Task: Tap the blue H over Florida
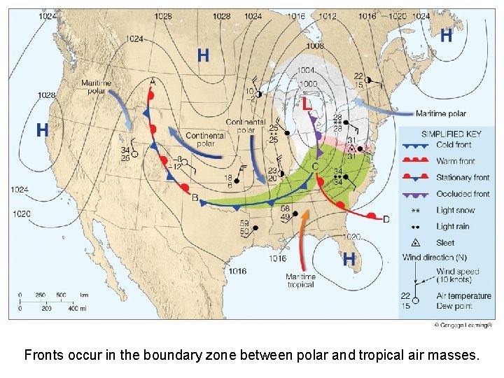click(348, 259)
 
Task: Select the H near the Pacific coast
click(42, 129)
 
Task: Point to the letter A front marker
click(153, 82)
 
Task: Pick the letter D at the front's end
click(386, 219)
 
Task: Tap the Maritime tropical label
click(301, 281)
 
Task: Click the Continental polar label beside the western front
click(205, 139)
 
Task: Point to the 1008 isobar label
click(315, 45)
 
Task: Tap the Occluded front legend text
click(463, 194)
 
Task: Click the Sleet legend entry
click(445, 243)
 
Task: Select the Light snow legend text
click(455, 210)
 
